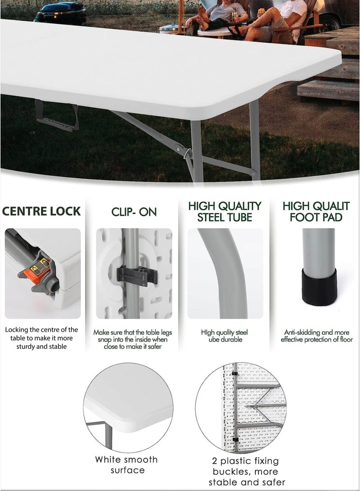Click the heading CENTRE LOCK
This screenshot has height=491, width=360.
pyautogui.click(x=41, y=211)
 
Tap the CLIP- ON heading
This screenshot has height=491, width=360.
pyautogui.click(x=134, y=212)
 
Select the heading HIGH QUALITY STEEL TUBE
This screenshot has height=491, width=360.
pyautogui.click(x=225, y=212)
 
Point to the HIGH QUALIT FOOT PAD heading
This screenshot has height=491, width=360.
pyautogui.click(x=316, y=212)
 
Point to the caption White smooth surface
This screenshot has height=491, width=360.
pyautogui.click(x=126, y=465)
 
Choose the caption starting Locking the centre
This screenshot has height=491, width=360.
pyautogui.click(x=41, y=338)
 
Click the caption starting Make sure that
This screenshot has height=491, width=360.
pyautogui.click(x=133, y=339)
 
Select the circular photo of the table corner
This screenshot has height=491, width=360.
pyautogui.click(x=128, y=407)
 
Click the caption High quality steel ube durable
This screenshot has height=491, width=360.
pyautogui.click(x=225, y=336)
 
